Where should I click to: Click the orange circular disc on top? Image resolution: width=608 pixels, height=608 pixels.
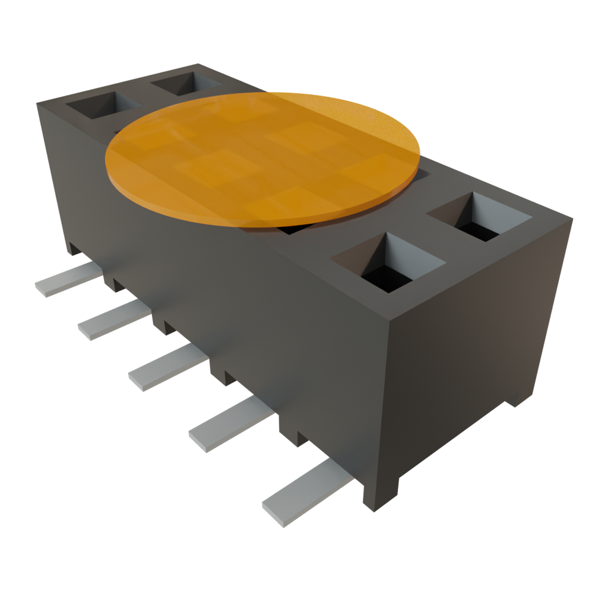(x=261, y=157)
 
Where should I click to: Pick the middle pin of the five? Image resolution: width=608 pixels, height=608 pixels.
(x=166, y=368)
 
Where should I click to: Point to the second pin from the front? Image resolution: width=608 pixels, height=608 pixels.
(x=229, y=425)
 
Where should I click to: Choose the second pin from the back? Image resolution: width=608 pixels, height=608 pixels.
(x=113, y=321)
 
